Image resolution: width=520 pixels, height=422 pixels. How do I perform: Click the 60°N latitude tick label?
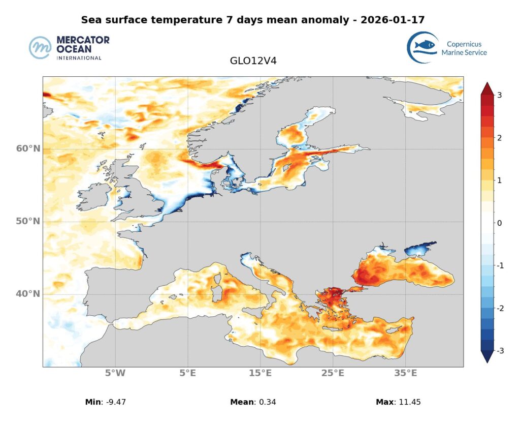coord(27,149)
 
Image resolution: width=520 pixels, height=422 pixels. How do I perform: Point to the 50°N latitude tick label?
coord(27,222)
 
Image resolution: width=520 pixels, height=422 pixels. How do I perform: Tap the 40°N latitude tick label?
coord(27,294)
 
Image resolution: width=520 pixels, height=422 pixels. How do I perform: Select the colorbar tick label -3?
coord(500,351)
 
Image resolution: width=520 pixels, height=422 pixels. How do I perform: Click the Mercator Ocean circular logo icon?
coord(41,48)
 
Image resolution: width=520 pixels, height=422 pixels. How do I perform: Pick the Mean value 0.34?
coord(267,402)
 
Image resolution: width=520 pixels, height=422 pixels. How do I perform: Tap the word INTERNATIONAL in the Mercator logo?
coord(79,58)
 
